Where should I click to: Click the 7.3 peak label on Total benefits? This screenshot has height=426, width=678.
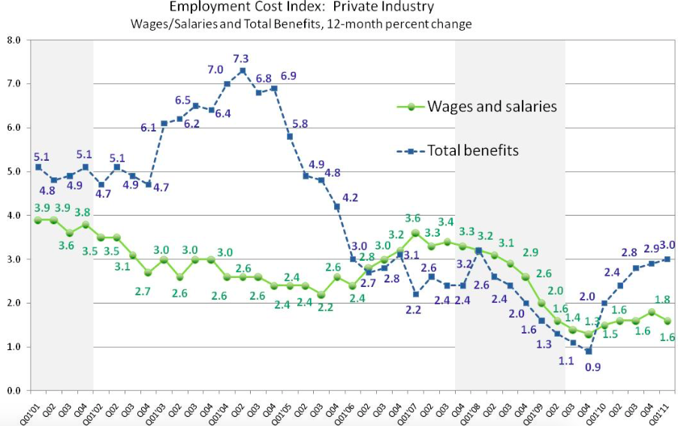click(x=242, y=59)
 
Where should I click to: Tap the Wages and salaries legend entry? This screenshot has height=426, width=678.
click(x=492, y=107)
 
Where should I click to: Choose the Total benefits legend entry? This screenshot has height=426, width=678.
click(x=473, y=150)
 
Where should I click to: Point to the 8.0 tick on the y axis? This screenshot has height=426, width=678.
click(x=13, y=40)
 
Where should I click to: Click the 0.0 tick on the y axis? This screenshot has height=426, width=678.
click(x=13, y=391)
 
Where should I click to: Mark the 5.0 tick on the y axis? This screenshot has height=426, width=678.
click(x=13, y=171)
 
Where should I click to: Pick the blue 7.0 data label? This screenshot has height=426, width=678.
click(x=215, y=70)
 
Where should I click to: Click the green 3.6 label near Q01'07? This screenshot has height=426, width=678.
click(x=412, y=219)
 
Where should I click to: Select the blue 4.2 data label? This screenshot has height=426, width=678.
click(x=351, y=198)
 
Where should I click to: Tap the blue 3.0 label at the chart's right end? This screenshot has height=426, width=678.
click(x=667, y=243)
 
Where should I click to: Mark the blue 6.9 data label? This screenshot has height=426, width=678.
click(x=289, y=76)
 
